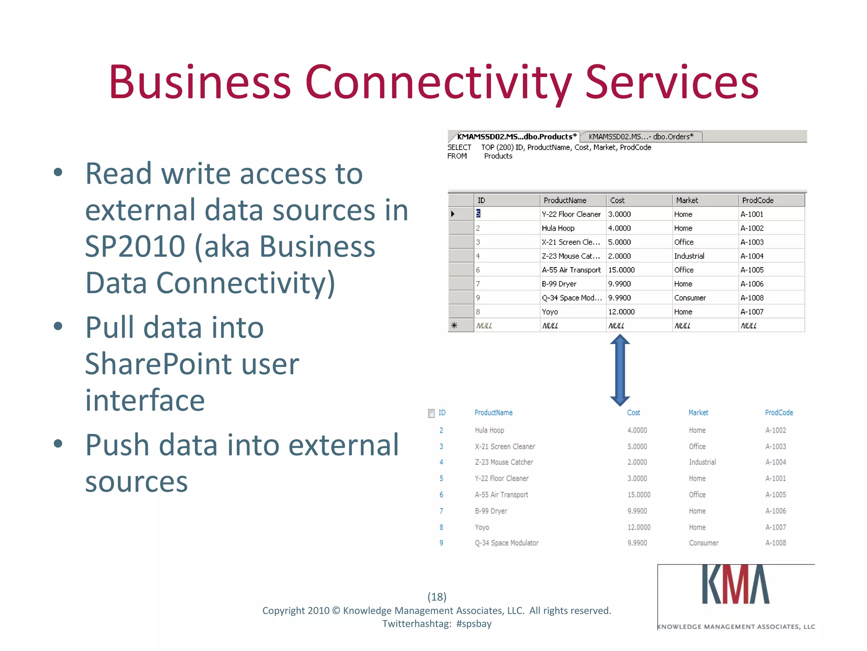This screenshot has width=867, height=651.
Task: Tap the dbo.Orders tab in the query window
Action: pos(641,136)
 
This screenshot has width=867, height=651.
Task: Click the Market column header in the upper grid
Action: pos(687,200)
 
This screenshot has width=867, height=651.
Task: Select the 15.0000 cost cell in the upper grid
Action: pos(621,270)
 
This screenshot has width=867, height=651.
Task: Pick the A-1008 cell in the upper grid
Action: pos(752,298)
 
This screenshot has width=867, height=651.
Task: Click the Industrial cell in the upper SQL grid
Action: pos(689,256)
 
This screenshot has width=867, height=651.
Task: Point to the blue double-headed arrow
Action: pos(620,370)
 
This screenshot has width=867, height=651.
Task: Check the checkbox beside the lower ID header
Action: pos(431,413)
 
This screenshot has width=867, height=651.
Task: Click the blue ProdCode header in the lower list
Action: pos(779,413)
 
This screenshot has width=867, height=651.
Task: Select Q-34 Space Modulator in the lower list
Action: pos(506,543)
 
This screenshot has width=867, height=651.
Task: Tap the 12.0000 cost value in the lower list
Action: pos(638,527)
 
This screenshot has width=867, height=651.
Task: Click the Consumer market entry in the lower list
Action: pos(703,543)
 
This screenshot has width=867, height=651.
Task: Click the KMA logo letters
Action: pos(735,585)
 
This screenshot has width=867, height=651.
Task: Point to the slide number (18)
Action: pos(437,597)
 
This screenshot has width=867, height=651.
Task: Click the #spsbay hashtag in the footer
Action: pos(474,624)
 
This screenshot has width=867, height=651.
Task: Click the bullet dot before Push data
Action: pos(58,444)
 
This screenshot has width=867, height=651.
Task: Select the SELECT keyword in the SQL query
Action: pos(459,147)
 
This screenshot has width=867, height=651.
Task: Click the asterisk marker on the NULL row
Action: pos(454,325)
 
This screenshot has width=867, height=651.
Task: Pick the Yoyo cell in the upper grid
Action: pos(549,312)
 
